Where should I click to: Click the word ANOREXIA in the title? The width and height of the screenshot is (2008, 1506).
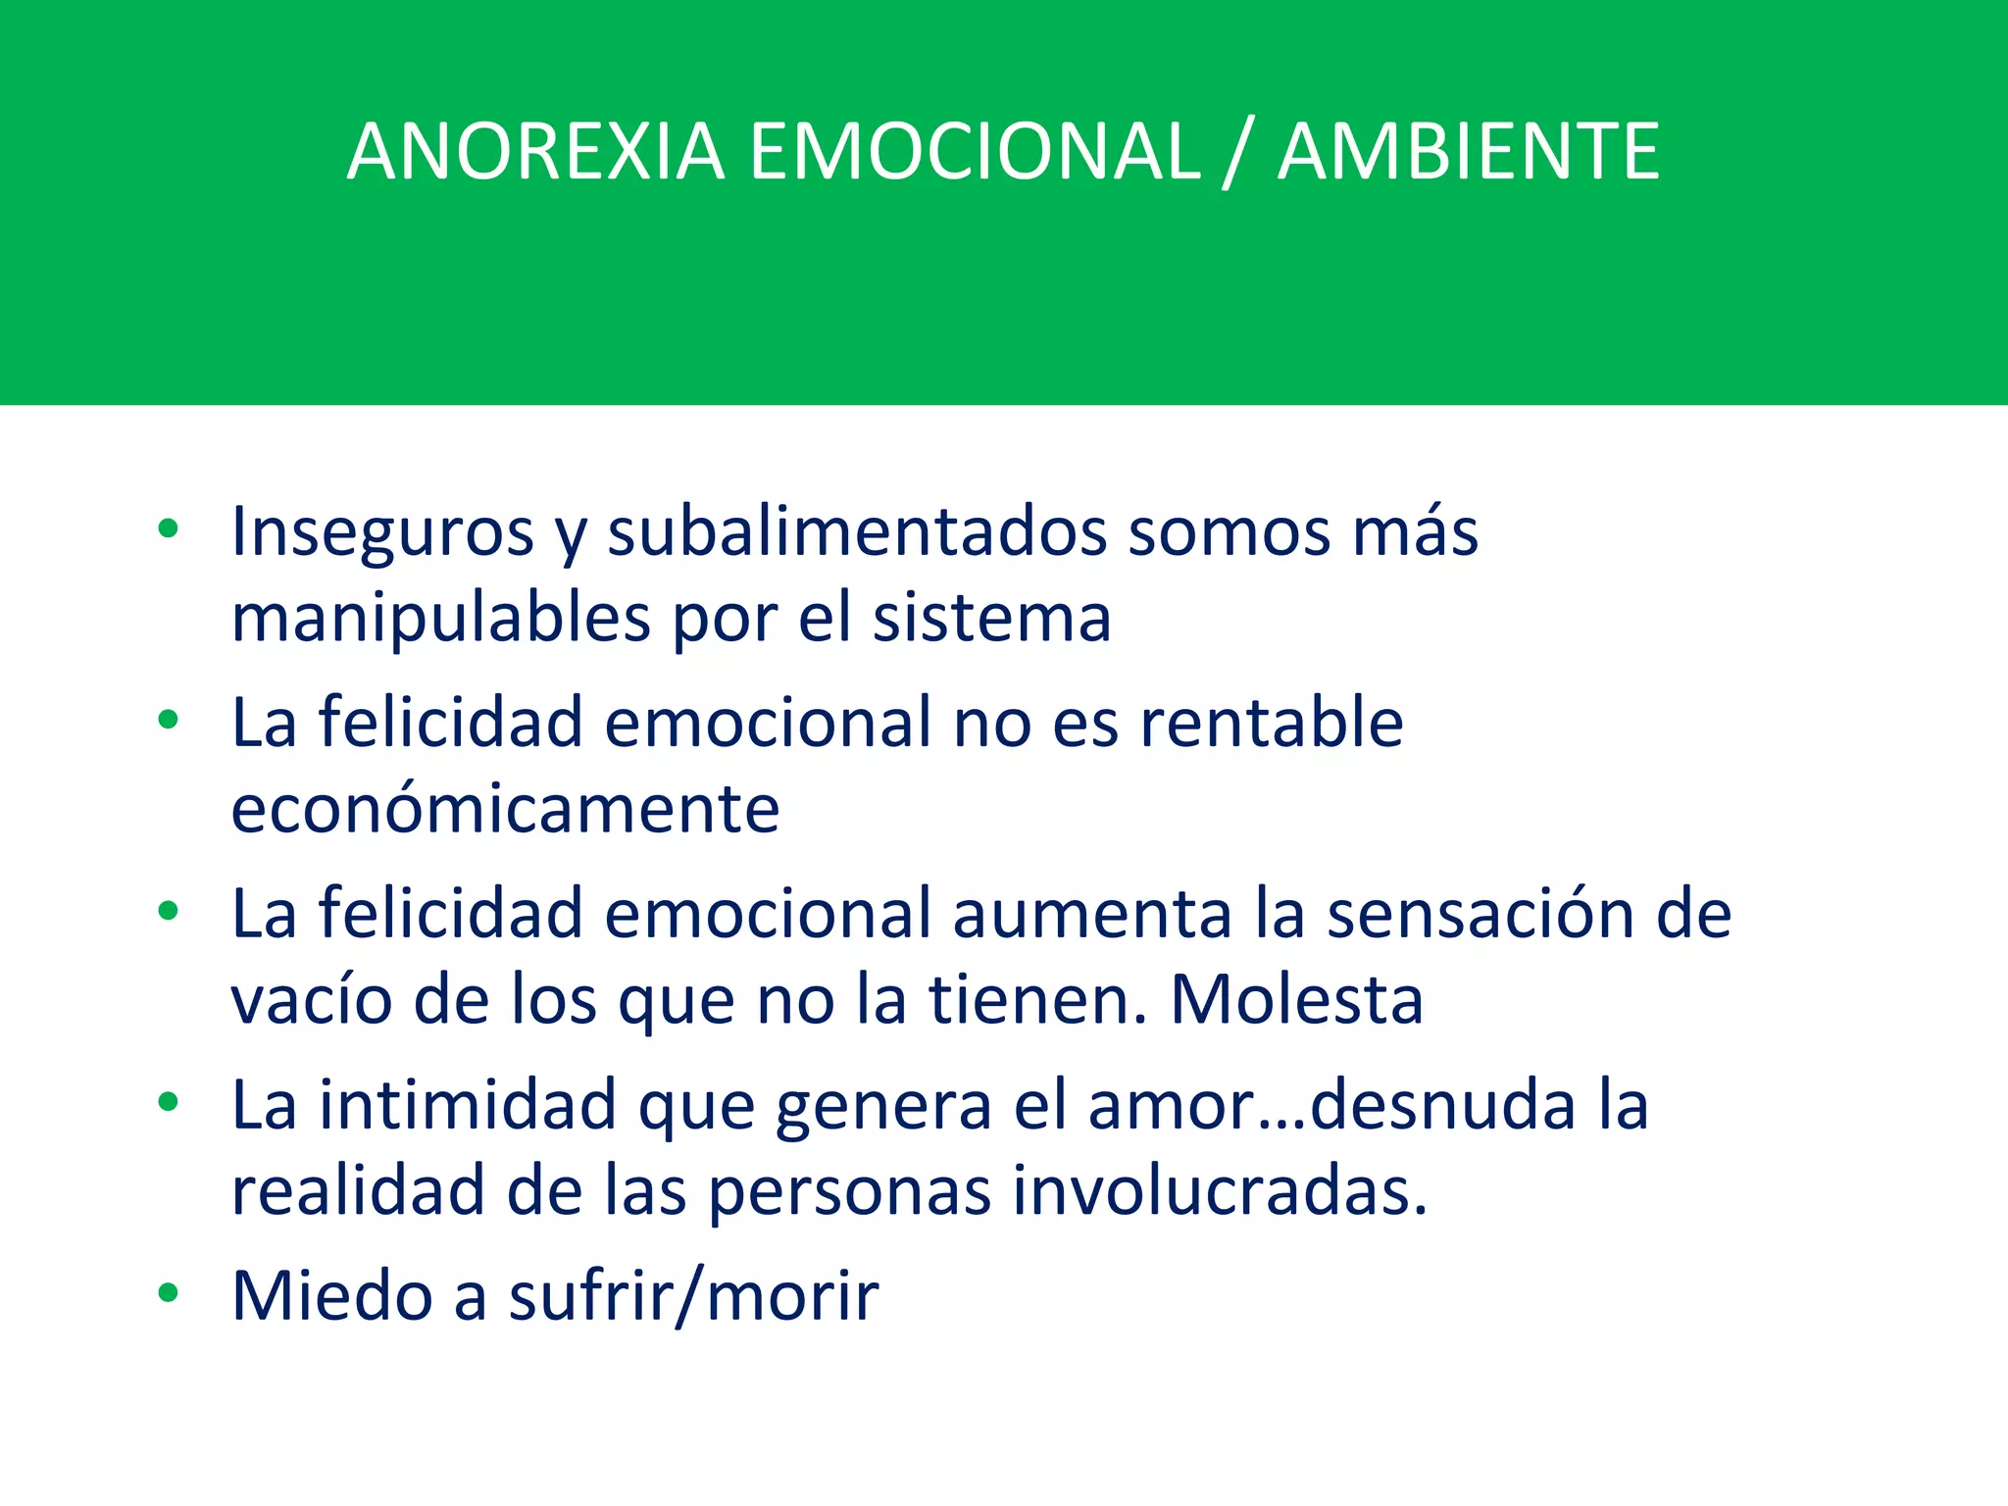click(x=535, y=152)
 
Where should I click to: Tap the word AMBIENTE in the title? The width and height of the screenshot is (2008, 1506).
click(x=1468, y=152)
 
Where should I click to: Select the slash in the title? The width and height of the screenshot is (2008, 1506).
click(x=1238, y=154)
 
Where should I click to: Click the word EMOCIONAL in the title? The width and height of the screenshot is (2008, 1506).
click(x=975, y=152)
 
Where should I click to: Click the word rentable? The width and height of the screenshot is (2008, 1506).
click(x=1272, y=723)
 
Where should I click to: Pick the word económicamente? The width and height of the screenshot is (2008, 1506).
click(x=505, y=810)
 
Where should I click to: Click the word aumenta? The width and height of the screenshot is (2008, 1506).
click(x=1091, y=914)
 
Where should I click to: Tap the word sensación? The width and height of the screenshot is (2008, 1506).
click(x=1480, y=914)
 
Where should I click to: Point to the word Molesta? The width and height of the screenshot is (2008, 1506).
click(x=1296, y=1000)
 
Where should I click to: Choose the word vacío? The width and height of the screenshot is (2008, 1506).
click(x=310, y=1000)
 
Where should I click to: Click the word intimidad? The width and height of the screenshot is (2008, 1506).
click(x=467, y=1105)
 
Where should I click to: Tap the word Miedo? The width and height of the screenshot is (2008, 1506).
click(x=331, y=1296)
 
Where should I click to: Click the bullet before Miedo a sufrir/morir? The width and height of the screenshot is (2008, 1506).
click(x=169, y=1293)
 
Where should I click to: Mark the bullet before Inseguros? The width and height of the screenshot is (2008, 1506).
click(x=169, y=529)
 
